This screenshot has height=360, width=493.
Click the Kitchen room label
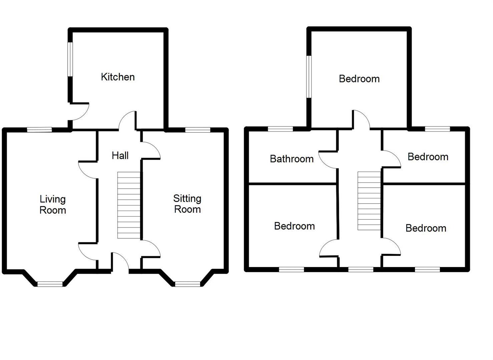(118, 77)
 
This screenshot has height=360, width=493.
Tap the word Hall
(120, 155)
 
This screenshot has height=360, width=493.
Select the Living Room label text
(53, 205)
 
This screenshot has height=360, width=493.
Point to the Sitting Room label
(187, 204)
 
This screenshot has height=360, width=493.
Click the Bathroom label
(292, 159)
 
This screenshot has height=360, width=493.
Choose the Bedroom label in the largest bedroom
(359, 79)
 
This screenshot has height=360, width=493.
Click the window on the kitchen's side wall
(70, 59)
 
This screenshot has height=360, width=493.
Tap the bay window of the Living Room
(50, 284)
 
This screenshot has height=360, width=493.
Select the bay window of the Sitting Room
(187, 284)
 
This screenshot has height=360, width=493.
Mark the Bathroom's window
(281, 129)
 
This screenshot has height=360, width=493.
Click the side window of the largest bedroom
(309, 77)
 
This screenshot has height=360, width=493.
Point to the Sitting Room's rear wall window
(198, 130)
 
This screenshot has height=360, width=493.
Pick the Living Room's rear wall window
(39, 130)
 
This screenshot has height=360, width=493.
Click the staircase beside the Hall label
(128, 205)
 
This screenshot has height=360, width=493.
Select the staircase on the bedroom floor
(369, 201)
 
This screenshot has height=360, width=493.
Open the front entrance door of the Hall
(120, 262)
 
